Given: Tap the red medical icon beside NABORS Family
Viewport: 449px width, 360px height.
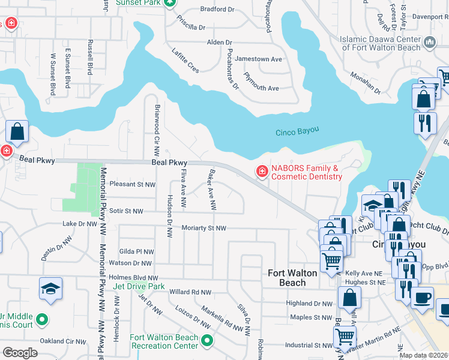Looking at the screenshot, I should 262,173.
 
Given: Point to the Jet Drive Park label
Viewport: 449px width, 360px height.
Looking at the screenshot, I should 139,287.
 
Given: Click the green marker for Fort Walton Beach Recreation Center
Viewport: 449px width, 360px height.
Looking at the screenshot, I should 207,341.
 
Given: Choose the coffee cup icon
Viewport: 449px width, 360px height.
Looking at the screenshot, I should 422,297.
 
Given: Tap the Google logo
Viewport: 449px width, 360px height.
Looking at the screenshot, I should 20,353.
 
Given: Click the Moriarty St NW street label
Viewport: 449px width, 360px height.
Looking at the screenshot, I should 203,229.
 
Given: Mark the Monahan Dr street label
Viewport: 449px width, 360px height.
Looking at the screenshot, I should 366,83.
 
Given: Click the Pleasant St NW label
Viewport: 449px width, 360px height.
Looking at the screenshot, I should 133,185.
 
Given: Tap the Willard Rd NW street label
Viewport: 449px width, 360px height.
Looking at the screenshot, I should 190,292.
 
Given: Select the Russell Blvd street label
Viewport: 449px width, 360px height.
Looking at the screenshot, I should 90,57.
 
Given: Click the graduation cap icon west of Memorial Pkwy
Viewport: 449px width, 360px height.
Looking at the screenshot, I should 51,289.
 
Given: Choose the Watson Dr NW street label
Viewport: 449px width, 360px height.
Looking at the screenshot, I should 131,263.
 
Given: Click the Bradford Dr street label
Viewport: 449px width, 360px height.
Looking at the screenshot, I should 217,10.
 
